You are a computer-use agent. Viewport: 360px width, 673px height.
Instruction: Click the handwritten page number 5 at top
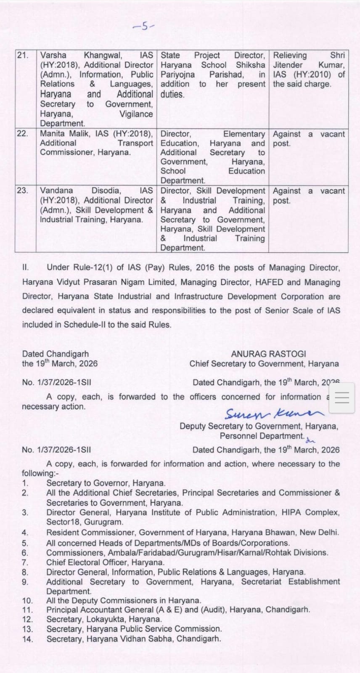[144, 27]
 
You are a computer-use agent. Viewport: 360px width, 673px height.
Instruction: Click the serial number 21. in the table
[22, 56]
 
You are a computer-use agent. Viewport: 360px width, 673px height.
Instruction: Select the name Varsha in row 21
[53, 56]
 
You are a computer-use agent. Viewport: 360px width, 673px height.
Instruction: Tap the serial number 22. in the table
[22, 134]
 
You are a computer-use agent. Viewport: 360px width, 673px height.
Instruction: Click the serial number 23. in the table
[22, 191]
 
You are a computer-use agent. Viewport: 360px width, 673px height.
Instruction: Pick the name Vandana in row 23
[56, 191]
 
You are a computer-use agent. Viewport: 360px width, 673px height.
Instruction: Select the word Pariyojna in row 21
[177, 74]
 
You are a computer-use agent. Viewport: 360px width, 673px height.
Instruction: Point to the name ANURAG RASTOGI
[268, 354]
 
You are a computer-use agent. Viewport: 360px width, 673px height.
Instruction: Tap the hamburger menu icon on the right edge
[341, 398]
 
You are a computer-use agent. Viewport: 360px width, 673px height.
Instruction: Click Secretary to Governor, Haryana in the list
[106, 483]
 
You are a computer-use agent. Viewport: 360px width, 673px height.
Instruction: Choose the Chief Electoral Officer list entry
[105, 562]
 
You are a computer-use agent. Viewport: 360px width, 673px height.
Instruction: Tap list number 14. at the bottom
[27, 639]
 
